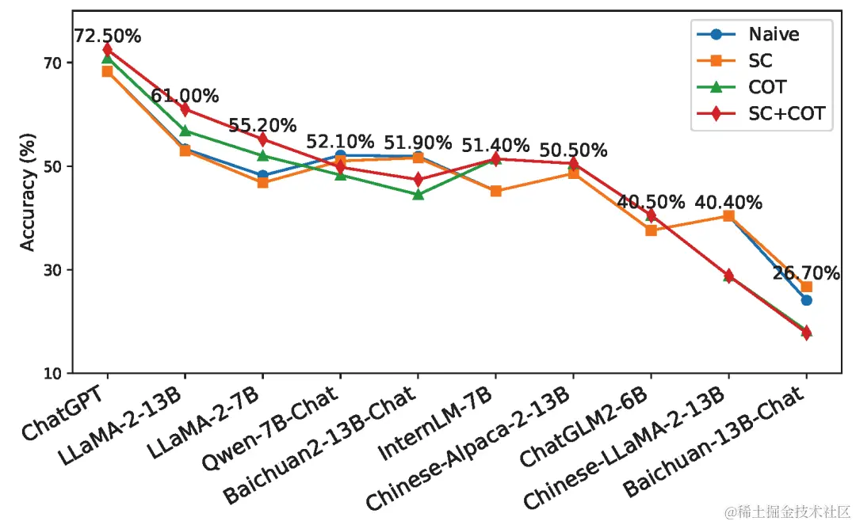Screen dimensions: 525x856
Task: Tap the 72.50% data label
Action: [107, 36]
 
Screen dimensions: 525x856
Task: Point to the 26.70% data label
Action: [806, 274]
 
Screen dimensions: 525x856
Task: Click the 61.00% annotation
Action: [185, 97]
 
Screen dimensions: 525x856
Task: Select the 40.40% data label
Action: [728, 203]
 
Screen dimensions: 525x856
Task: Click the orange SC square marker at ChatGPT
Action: [107, 71]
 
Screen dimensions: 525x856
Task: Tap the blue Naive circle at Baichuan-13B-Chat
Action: [806, 300]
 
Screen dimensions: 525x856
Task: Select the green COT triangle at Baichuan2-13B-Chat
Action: [418, 194]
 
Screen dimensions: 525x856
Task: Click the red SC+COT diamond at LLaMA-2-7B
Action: [262, 139]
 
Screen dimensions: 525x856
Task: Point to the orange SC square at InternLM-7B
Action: [495, 191]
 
